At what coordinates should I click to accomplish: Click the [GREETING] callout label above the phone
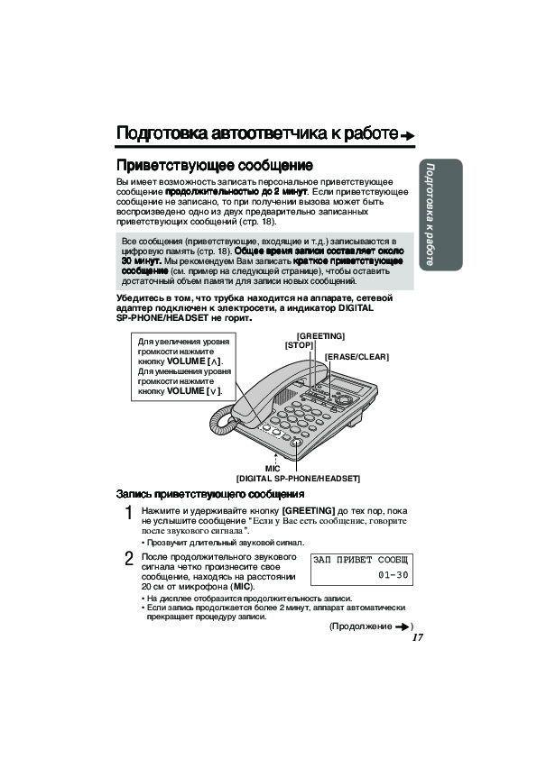[320, 336]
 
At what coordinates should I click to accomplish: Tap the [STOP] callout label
[299, 345]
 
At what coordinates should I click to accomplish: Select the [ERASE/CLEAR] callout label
[356, 357]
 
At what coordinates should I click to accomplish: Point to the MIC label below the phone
[273, 469]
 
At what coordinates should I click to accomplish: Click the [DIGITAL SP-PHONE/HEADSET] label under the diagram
[298, 479]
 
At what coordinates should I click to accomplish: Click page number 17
[417, 637]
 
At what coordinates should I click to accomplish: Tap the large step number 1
[128, 513]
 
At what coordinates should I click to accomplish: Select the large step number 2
[129, 559]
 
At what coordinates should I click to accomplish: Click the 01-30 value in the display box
[393, 575]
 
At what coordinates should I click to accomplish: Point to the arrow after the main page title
[408, 135]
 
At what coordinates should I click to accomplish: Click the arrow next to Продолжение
[403, 626]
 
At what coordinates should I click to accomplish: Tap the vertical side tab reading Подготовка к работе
[440, 215]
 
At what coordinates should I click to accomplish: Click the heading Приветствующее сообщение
[214, 166]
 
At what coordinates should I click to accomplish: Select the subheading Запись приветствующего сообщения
[210, 494]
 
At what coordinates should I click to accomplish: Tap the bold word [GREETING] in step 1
[309, 511]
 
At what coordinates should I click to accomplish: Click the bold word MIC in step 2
[242, 587]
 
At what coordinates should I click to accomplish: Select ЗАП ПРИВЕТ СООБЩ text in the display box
[361, 560]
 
